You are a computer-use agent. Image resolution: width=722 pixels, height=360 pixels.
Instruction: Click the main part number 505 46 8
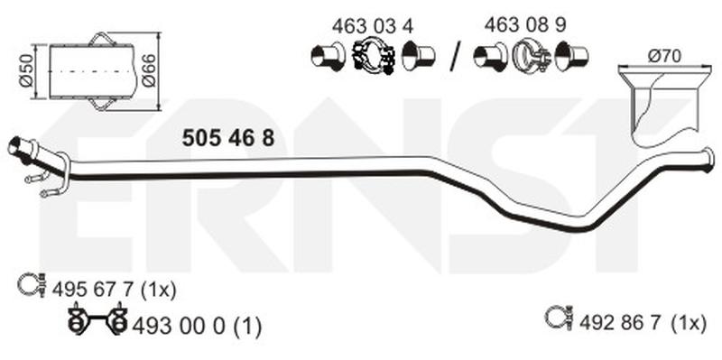pyautogui.click(x=227, y=137)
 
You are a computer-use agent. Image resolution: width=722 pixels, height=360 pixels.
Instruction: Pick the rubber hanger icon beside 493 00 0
pyautogui.click(x=97, y=322)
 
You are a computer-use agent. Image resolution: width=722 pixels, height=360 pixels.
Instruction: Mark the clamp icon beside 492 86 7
pyautogui.click(x=558, y=317)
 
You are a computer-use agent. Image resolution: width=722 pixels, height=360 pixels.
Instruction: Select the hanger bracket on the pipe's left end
pyautogui.click(x=54, y=176)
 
